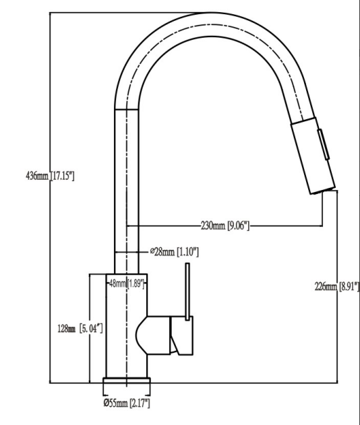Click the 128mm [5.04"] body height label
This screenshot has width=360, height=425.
click(80, 328)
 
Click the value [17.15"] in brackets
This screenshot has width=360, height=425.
click(62, 176)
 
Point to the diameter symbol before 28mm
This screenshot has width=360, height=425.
click(152, 252)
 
